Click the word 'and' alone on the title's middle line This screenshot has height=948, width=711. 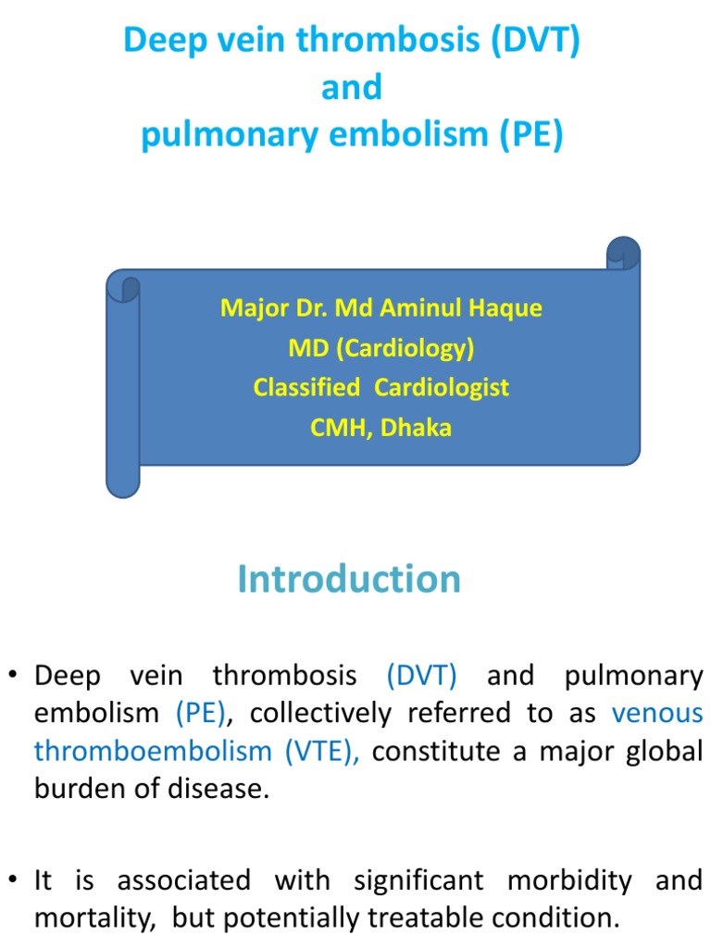click(351, 88)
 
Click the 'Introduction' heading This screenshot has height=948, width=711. click(349, 579)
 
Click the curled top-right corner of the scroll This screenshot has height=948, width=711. click(623, 252)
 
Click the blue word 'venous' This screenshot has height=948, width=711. click(657, 713)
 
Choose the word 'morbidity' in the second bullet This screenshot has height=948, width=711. click(569, 880)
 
